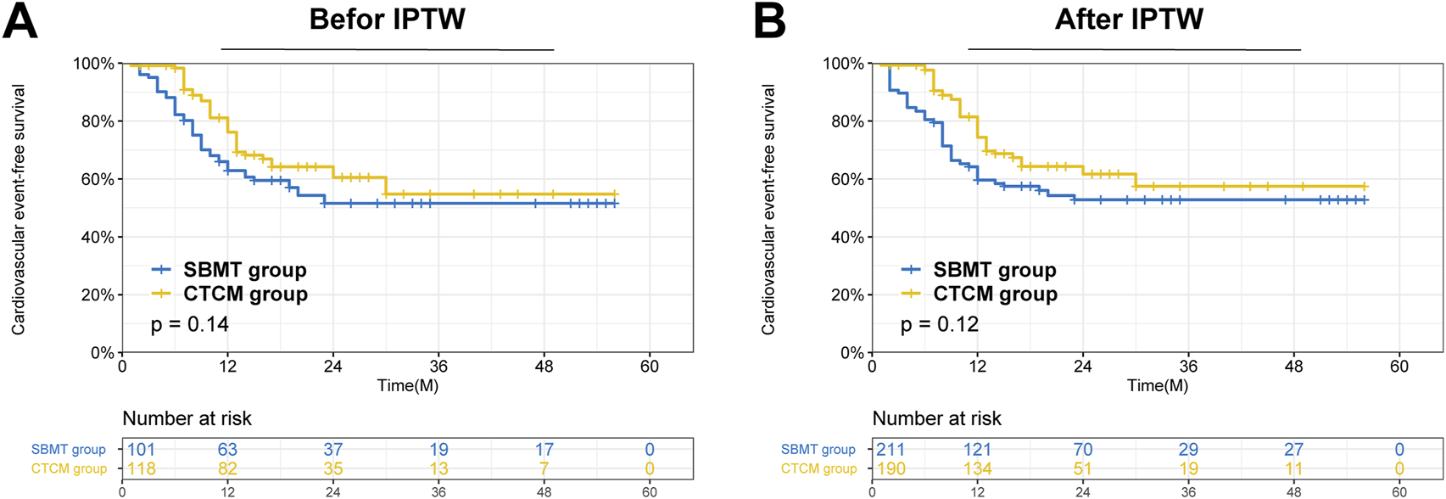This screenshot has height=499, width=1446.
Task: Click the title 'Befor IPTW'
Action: point(387,19)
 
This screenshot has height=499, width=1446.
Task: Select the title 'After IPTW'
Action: point(1129,19)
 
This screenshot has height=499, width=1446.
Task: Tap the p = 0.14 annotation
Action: point(190,324)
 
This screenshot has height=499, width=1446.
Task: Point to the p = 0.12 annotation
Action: point(940,324)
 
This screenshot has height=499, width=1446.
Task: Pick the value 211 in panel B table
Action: point(890,449)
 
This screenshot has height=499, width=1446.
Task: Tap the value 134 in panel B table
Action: point(977,468)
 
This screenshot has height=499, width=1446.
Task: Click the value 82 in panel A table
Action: point(227,468)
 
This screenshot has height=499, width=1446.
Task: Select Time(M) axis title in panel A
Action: point(407,385)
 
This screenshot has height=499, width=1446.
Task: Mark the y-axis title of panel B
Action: point(768,209)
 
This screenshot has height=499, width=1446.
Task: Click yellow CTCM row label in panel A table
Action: point(69,468)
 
